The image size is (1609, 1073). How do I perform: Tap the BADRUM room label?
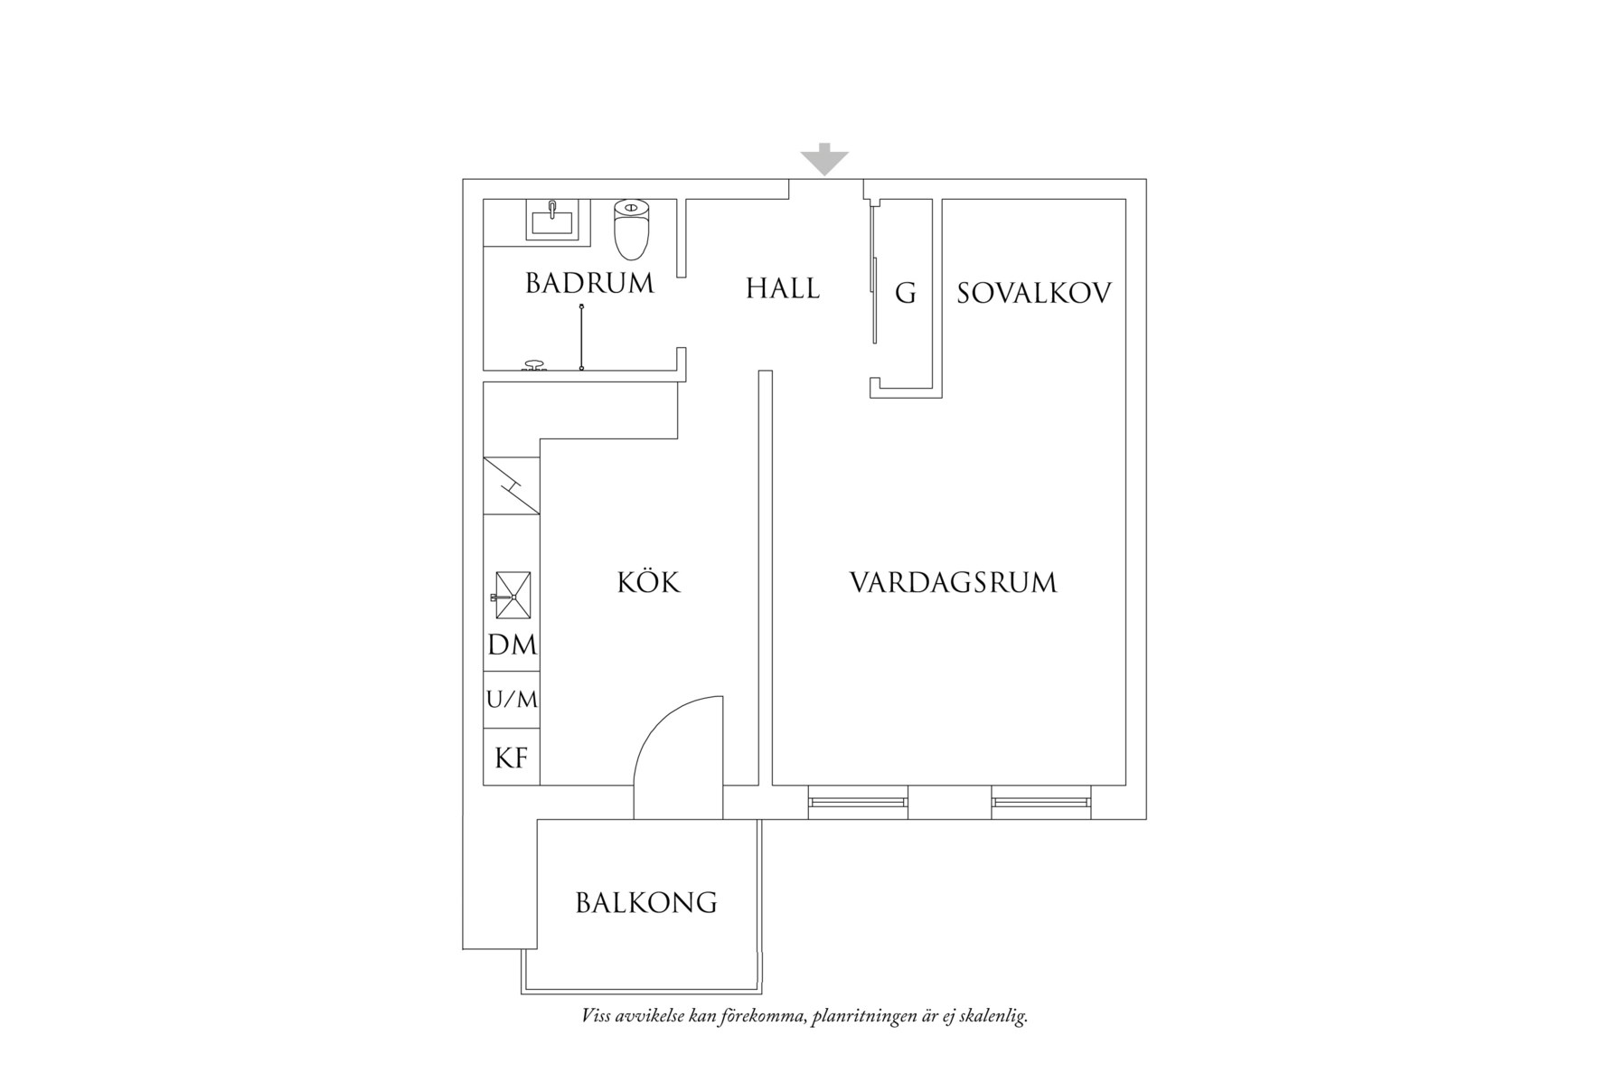[589, 284]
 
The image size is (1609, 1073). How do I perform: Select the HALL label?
[783, 288]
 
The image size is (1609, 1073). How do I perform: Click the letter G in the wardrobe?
[905, 293]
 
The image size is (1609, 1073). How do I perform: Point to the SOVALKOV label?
[1034, 293]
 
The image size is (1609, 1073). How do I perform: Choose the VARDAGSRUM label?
[953, 582]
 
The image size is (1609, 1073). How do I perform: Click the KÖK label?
[648, 581]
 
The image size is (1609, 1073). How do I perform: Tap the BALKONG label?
[646, 902]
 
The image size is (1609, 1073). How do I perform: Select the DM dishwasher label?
[512, 645]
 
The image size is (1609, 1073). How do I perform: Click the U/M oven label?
[512, 700]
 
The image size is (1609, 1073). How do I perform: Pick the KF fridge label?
[512, 758]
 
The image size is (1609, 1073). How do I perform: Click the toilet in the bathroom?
[632, 230]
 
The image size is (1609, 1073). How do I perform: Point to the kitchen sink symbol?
[513, 596]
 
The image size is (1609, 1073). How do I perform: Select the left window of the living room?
[858, 802]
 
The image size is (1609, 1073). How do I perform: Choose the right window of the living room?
[1041, 802]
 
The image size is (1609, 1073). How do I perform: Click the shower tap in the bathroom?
[534, 365]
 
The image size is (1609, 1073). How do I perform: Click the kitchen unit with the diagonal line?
[512, 486]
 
